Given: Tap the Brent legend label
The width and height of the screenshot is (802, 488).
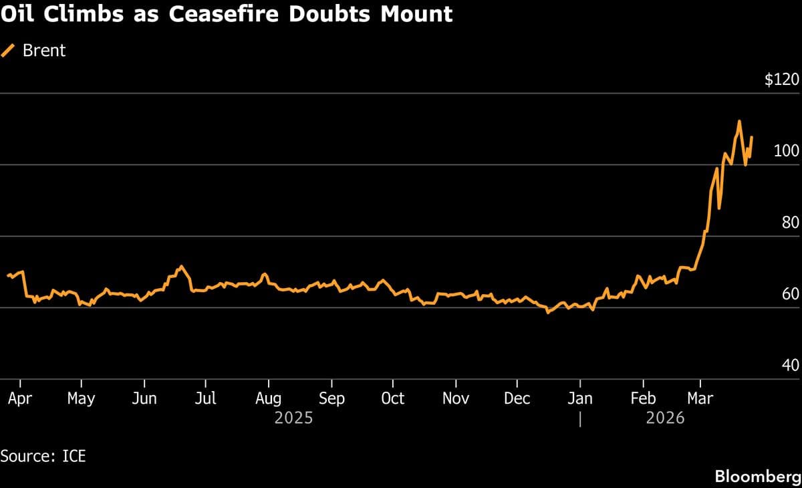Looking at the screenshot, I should click(44, 50).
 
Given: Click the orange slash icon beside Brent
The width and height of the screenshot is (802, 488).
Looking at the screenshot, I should click(9, 50).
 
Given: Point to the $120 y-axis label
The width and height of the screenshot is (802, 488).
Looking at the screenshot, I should click(781, 80).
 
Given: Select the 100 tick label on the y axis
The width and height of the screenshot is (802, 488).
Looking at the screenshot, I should click(786, 151).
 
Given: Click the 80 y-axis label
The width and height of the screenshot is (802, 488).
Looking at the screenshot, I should click(790, 223).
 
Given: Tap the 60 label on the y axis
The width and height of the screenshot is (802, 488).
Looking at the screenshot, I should click(790, 294).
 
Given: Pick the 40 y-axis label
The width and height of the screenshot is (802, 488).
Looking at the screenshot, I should click(790, 366).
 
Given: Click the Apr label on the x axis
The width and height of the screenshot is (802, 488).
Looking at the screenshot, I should click(20, 398).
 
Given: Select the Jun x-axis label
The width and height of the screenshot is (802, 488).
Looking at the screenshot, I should click(144, 398).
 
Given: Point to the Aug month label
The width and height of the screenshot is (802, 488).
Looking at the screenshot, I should click(268, 398).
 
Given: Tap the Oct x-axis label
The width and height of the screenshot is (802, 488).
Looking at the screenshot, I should click(392, 398).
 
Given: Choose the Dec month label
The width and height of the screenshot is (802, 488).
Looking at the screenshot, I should click(517, 398).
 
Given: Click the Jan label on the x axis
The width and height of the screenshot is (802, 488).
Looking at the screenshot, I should click(579, 398).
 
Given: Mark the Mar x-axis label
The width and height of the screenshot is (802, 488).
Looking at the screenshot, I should click(700, 398).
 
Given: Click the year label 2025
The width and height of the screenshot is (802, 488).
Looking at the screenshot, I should click(293, 418).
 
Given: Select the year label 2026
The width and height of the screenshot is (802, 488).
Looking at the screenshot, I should click(665, 418).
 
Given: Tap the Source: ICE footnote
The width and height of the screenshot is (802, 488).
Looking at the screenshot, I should click(43, 457).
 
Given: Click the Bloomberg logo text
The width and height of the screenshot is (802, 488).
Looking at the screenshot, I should click(757, 477).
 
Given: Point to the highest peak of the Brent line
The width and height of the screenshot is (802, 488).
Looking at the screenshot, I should click(739, 121).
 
